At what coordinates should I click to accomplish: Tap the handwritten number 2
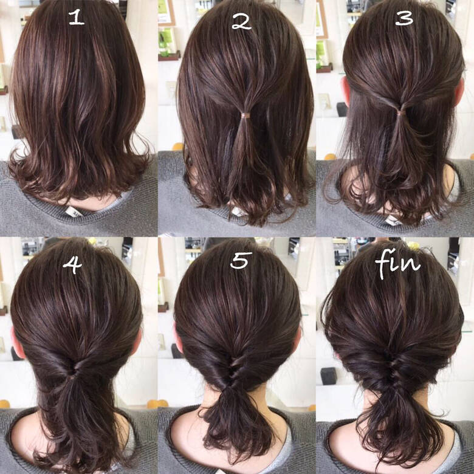[241, 22]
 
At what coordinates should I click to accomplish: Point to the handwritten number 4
[72, 264]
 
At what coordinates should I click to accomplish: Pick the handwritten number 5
[241, 260]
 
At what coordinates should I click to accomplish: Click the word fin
[398, 265]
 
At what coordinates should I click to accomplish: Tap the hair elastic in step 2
[246, 114]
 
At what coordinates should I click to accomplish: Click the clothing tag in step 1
[74, 211]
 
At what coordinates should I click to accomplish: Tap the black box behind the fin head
[329, 376]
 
